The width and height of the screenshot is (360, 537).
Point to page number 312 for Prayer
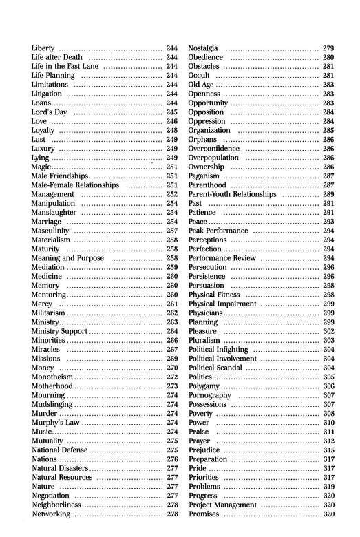(x=328, y=441)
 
